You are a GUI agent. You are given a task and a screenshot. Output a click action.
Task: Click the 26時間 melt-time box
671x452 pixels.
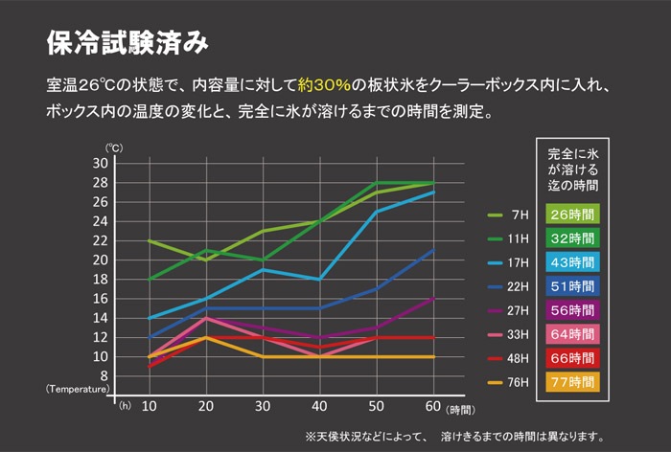pyautogui.click(x=573, y=214)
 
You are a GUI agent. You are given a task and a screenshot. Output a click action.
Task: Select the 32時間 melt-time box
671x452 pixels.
pyautogui.click(x=573, y=237)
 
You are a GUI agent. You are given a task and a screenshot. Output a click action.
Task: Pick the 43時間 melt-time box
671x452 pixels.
pyautogui.click(x=573, y=261)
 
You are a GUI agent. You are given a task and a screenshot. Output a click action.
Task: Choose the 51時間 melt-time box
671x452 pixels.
pyautogui.click(x=573, y=285)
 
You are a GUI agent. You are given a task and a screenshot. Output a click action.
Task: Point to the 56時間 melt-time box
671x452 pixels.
pyautogui.click(x=573, y=309)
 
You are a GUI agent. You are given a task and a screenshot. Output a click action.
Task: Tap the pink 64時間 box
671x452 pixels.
pyautogui.click(x=573, y=333)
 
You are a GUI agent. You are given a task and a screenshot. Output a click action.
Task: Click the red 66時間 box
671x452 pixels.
pyautogui.click(x=573, y=357)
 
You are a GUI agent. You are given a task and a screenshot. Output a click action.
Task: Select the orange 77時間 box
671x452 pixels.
pyautogui.click(x=573, y=381)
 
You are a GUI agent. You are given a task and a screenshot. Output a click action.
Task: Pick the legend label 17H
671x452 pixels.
pyautogui.click(x=519, y=262)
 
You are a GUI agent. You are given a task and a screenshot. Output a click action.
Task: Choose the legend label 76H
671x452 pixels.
pyautogui.click(x=519, y=382)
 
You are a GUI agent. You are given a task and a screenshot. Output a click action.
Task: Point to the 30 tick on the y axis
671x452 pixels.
pyautogui.click(x=101, y=163)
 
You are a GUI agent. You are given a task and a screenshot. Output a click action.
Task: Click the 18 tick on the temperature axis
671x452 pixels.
pyautogui.click(x=101, y=279)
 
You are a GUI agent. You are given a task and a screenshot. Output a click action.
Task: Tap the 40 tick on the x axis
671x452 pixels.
pyautogui.click(x=319, y=405)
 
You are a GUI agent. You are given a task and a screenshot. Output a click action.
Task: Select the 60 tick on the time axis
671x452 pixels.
pyautogui.click(x=433, y=405)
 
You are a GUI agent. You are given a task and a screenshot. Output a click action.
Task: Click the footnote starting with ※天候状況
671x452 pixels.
pyautogui.click(x=454, y=437)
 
